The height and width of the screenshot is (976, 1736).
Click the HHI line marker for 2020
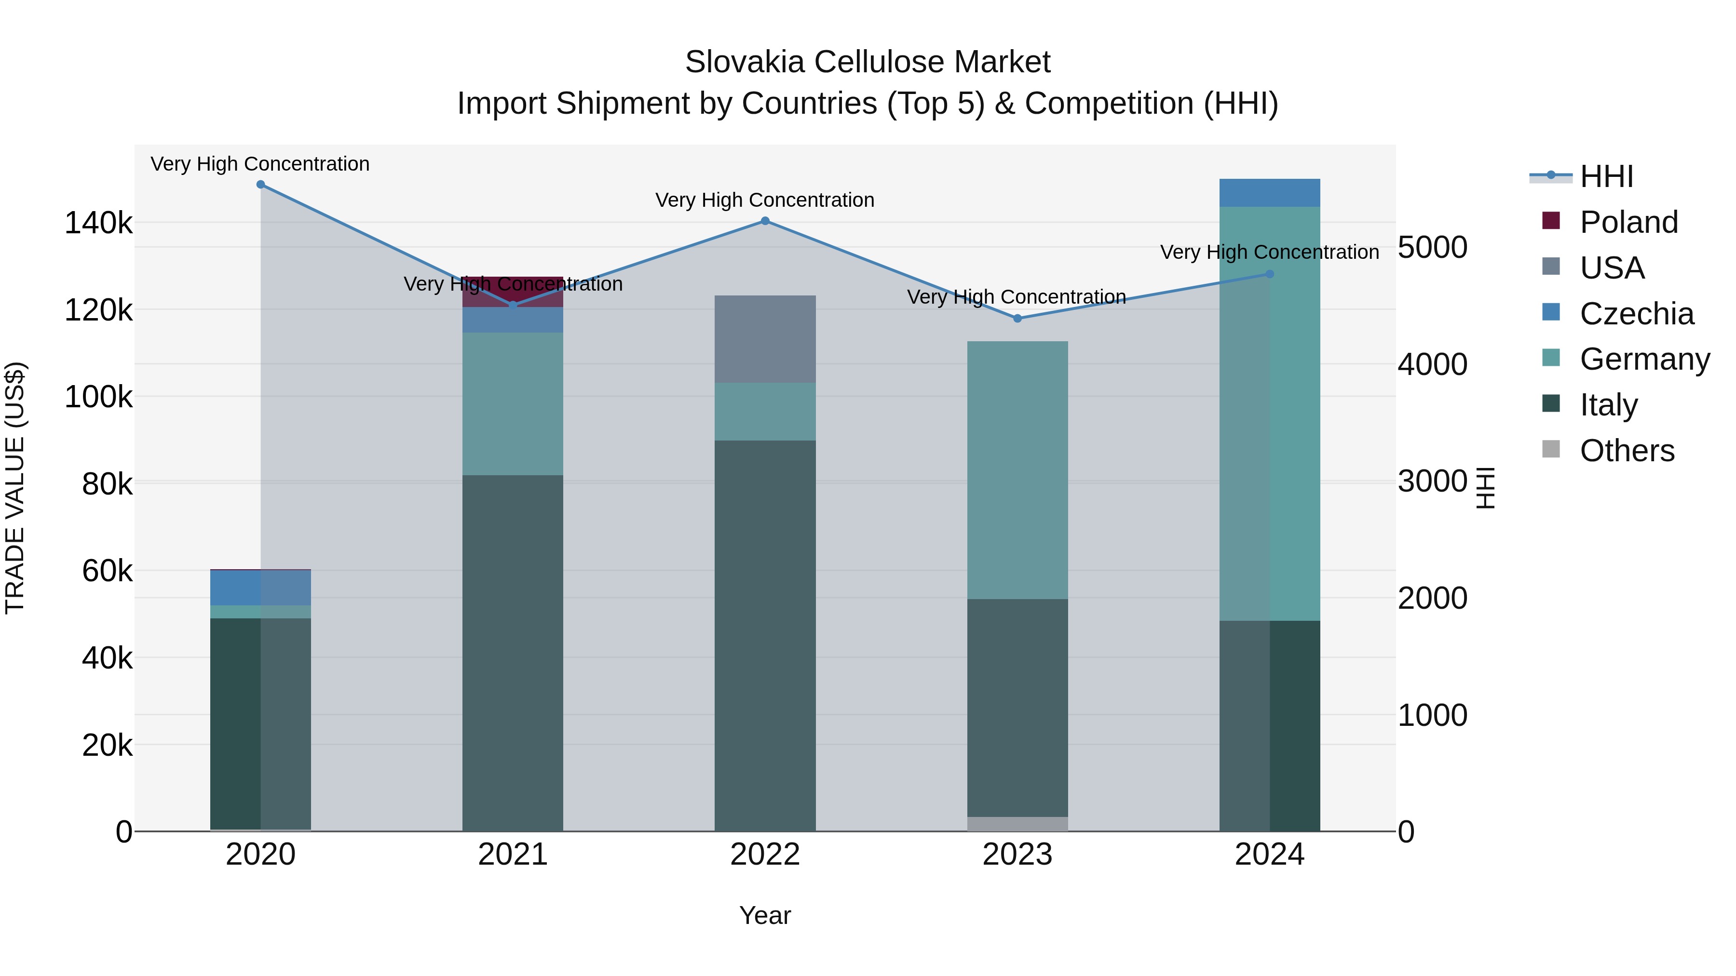pyautogui.click(x=261, y=185)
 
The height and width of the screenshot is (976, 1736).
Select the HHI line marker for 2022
pyautogui.click(x=765, y=221)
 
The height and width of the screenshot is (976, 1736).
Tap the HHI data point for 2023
pyautogui.click(x=1017, y=319)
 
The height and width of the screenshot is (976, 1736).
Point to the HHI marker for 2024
pyautogui.click(x=1270, y=274)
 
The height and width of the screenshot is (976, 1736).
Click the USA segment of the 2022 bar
pyautogui.click(x=765, y=339)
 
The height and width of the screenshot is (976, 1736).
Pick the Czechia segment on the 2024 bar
pyautogui.click(x=1270, y=193)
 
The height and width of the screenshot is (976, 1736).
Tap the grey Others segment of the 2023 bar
pyautogui.click(x=1017, y=824)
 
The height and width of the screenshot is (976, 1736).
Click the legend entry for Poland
pyautogui.click(x=1627, y=222)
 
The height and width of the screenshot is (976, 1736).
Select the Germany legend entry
pyautogui.click(x=1644, y=359)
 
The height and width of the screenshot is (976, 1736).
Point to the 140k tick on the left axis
pyautogui.click(x=98, y=223)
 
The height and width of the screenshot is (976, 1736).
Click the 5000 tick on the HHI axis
pyautogui.click(x=1432, y=247)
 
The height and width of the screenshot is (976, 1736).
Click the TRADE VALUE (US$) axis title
pyautogui.click(x=15, y=488)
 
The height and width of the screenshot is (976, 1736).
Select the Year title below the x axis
pyautogui.click(x=765, y=915)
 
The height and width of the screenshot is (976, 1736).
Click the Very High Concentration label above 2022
pyautogui.click(x=765, y=200)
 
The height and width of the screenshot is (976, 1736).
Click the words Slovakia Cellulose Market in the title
pyautogui.click(x=868, y=62)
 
